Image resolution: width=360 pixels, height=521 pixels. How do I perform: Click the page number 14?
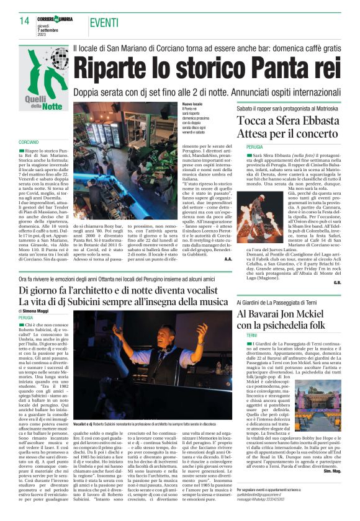pos(24,20)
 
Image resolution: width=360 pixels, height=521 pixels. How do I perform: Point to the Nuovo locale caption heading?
pos(192,104)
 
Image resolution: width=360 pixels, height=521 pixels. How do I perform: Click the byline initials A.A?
pos(227,259)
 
